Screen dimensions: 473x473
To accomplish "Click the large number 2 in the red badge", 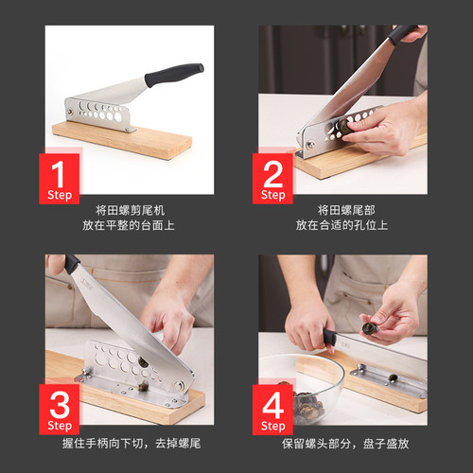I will (272, 173).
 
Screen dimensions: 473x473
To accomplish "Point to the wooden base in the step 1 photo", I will (123, 138).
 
